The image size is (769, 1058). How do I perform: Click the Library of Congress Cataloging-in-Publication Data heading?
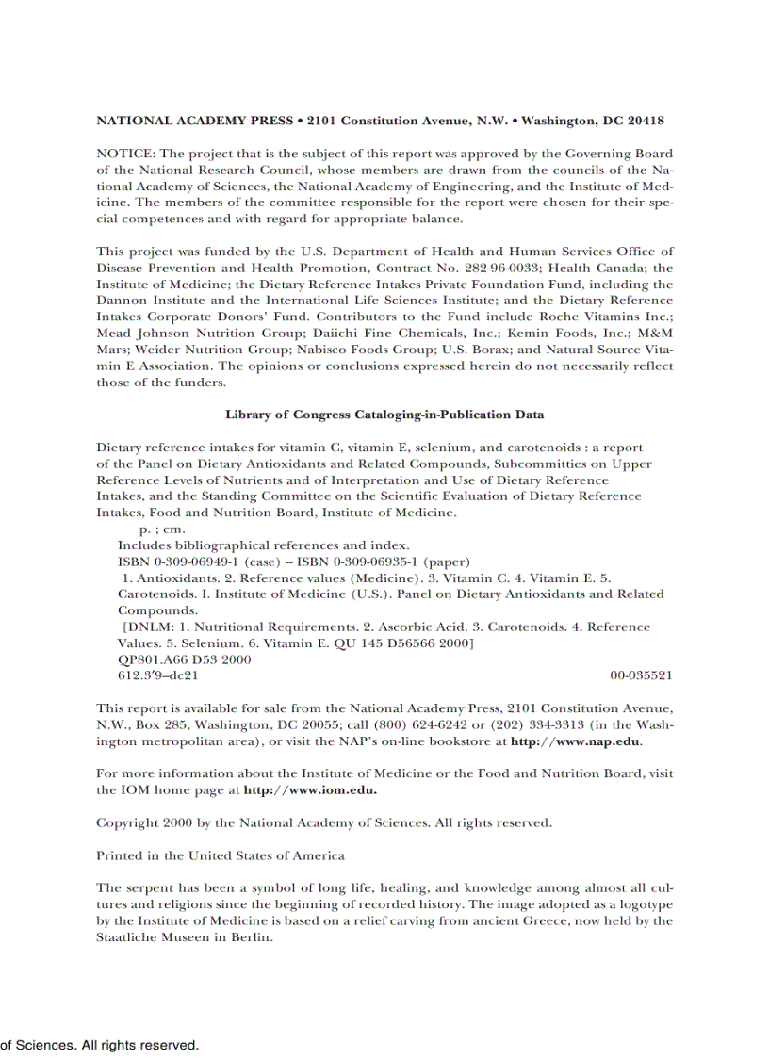click(384, 415)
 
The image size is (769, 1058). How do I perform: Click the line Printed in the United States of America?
click(221, 855)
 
